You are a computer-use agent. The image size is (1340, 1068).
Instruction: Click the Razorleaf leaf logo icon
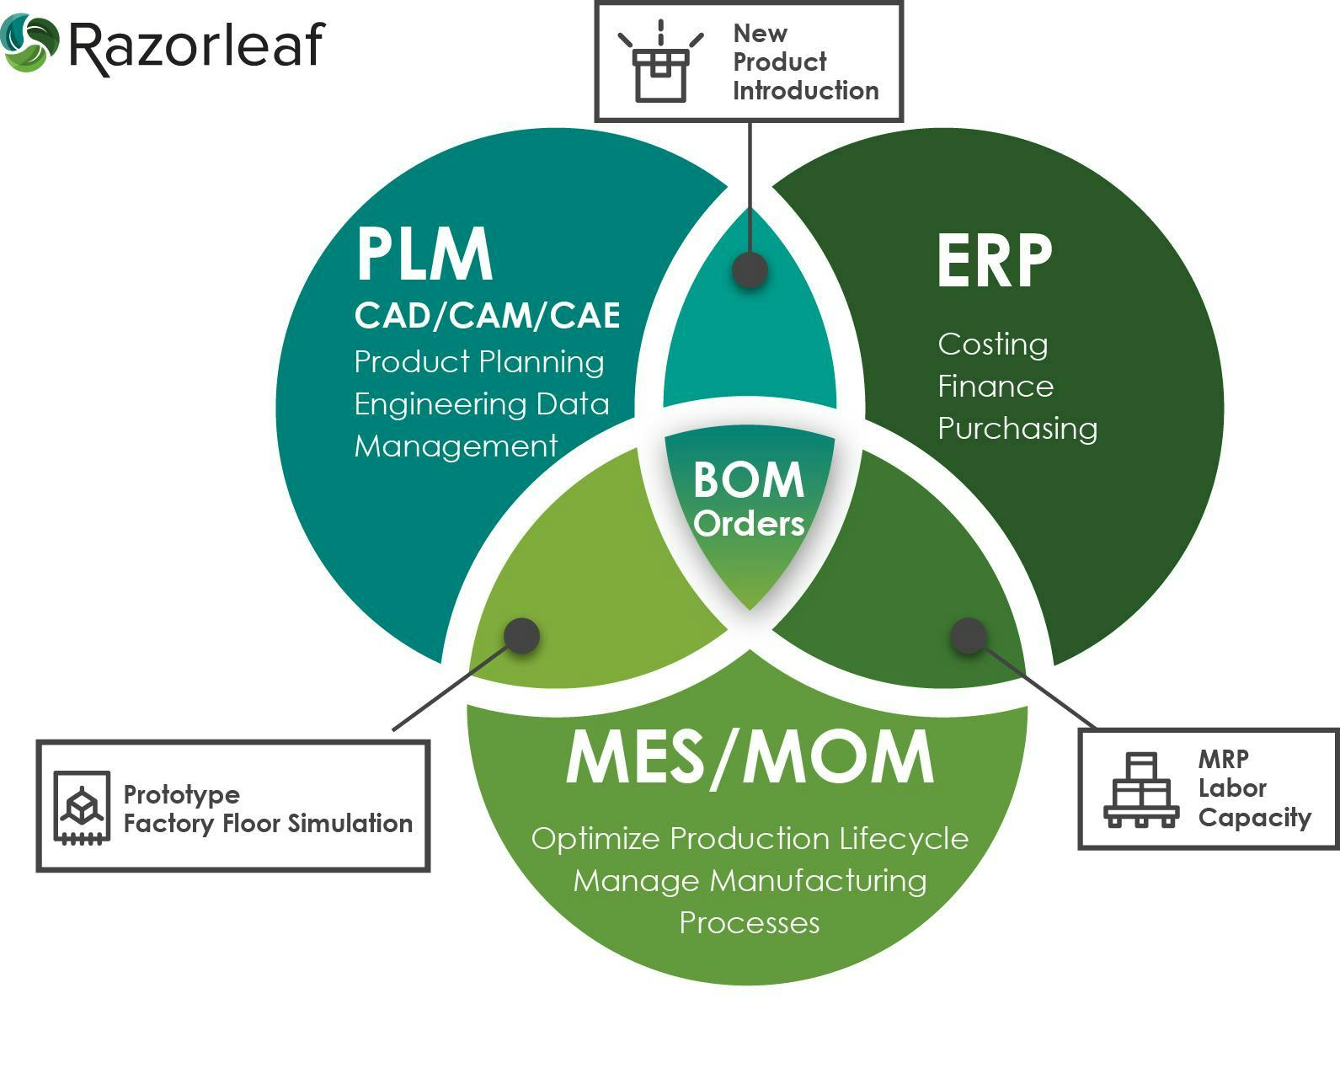coord(29,43)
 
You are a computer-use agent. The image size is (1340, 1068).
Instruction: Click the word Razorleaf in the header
coord(195,45)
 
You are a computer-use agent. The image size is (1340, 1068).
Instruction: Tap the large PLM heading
coord(424,254)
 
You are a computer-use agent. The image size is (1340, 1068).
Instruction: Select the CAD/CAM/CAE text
coord(487,316)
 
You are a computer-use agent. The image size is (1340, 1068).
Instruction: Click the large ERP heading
coord(994,261)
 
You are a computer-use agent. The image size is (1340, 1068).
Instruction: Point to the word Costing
coord(992,344)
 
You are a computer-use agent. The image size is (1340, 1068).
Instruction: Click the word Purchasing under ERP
coord(1017,429)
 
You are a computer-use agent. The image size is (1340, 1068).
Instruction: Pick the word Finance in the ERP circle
coord(995,387)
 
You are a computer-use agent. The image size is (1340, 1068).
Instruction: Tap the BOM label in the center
coord(748,480)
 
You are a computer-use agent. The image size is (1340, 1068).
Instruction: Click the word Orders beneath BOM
coord(749,524)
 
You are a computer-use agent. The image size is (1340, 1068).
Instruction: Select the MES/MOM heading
coord(749,758)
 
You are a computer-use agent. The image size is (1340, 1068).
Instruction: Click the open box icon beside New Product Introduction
coord(661,63)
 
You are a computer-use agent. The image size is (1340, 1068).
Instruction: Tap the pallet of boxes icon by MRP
coord(1140,792)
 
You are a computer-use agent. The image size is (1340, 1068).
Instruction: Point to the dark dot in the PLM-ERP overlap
coord(749,270)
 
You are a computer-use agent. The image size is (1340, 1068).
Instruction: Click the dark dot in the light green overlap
coord(521,635)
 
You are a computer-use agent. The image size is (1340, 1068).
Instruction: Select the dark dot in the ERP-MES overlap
coord(969,635)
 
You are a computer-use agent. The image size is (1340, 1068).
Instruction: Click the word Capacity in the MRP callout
coord(1254,817)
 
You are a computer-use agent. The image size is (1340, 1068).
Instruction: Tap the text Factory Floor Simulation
coord(268,823)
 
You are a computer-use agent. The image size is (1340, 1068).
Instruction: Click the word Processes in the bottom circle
coord(749,923)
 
